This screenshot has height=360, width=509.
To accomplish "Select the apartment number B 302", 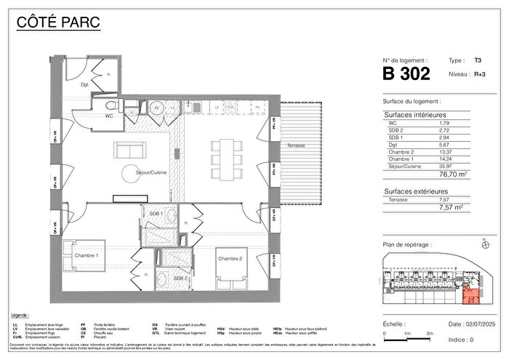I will point(406,73).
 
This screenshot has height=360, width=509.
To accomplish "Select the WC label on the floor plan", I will point(88,115).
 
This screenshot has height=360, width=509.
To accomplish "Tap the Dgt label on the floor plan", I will point(84,85).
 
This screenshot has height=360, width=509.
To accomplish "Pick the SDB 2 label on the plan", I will point(180,278).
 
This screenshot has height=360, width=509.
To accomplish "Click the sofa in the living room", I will point(129,152).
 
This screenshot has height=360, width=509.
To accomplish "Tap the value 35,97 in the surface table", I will point(444,167).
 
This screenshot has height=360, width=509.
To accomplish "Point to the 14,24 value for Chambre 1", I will point(444,159).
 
